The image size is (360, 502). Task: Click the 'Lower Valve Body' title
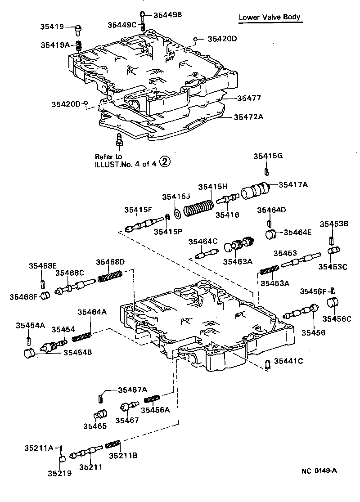click(269, 18)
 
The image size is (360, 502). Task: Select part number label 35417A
click(293, 184)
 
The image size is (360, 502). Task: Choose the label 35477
click(249, 98)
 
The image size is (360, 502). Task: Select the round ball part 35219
click(62, 459)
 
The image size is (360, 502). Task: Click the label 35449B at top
click(167, 15)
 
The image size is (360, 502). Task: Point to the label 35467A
click(133, 390)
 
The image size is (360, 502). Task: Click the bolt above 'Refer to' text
click(119, 139)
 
